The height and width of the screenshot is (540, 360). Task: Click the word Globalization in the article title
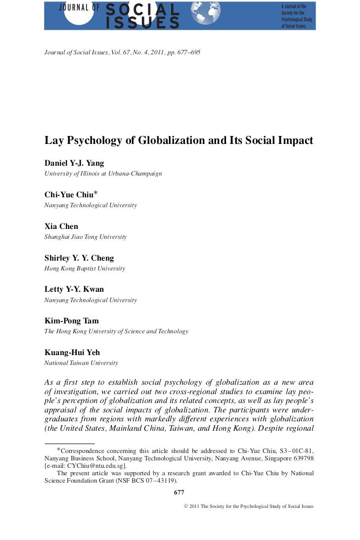tap(171, 140)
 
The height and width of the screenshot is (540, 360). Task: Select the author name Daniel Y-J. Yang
tap(74, 163)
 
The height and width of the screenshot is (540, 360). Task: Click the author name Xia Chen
tap(61, 226)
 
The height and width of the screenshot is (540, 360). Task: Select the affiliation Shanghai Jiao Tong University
tap(86, 237)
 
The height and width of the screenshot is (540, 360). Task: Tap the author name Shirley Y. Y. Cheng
tap(79, 258)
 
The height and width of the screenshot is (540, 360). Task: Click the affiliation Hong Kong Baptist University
tap(85, 269)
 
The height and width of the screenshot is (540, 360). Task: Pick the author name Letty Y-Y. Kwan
tap(74, 289)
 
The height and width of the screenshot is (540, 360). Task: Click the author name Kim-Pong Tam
tap(72, 321)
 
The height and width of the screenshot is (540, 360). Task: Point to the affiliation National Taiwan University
tap(81, 363)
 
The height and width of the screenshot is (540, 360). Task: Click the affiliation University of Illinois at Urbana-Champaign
tap(103, 174)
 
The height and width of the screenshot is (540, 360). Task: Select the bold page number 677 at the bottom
tap(180, 493)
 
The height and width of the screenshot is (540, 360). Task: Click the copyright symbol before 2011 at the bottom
tap(186, 507)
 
